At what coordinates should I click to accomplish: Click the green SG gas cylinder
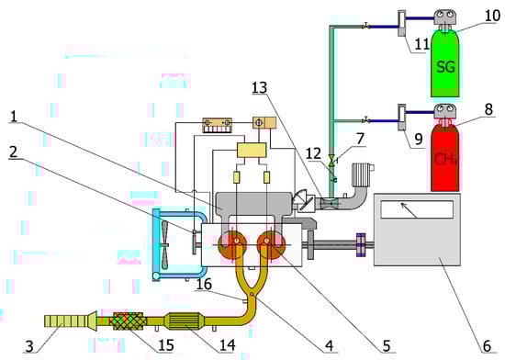pos(445,63)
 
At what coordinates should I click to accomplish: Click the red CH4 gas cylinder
pos(445,157)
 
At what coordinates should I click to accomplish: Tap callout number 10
pos(493,16)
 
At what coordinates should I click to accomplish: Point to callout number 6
pos(487,346)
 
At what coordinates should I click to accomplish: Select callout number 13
pos(260,87)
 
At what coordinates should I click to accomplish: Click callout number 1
pos(14,117)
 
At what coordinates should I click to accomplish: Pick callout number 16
pos(204,285)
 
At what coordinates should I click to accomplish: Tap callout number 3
pos(29,346)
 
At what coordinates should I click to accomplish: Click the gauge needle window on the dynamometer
pos(417,208)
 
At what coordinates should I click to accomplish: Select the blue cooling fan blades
pos(165,244)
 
